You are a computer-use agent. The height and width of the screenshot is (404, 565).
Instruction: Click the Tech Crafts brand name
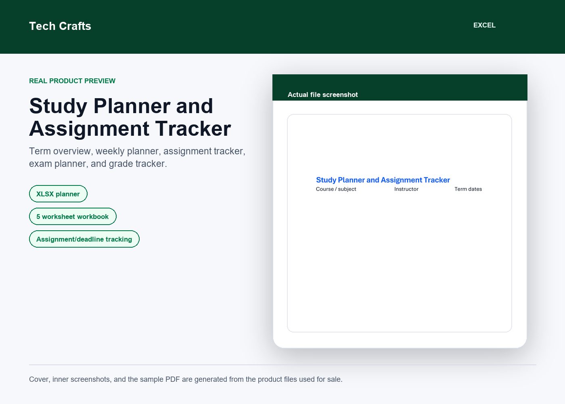(x=60, y=26)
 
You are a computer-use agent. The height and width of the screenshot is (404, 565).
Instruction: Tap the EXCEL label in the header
(x=484, y=25)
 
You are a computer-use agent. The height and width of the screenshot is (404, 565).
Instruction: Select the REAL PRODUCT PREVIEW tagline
(x=72, y=81)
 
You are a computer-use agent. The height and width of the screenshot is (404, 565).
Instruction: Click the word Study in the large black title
(x=58, y=106)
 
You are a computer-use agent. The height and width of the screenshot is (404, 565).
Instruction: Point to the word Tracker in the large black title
(x=193, y=129)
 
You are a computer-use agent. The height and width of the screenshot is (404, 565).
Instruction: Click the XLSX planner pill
(x=58, y=194)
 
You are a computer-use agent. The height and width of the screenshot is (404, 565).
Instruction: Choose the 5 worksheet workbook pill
(x=73, y=217)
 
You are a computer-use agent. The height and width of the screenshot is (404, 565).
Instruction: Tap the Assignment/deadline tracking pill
(x=84, y=239)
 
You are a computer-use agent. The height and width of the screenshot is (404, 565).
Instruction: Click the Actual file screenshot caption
(x=322, y=95)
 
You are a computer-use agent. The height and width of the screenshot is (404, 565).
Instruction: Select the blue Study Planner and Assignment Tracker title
(x=383, y=180)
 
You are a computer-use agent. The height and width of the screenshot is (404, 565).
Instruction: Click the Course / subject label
(x=336, y=189)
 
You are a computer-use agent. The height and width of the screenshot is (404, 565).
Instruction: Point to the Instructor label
(x=406, y=189)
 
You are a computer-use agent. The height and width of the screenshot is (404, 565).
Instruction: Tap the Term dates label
(x=468, y=189)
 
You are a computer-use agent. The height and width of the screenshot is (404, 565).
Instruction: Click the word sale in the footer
(x=335, y=379)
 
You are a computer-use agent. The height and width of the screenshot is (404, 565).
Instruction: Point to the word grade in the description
(x=121, y=164)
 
